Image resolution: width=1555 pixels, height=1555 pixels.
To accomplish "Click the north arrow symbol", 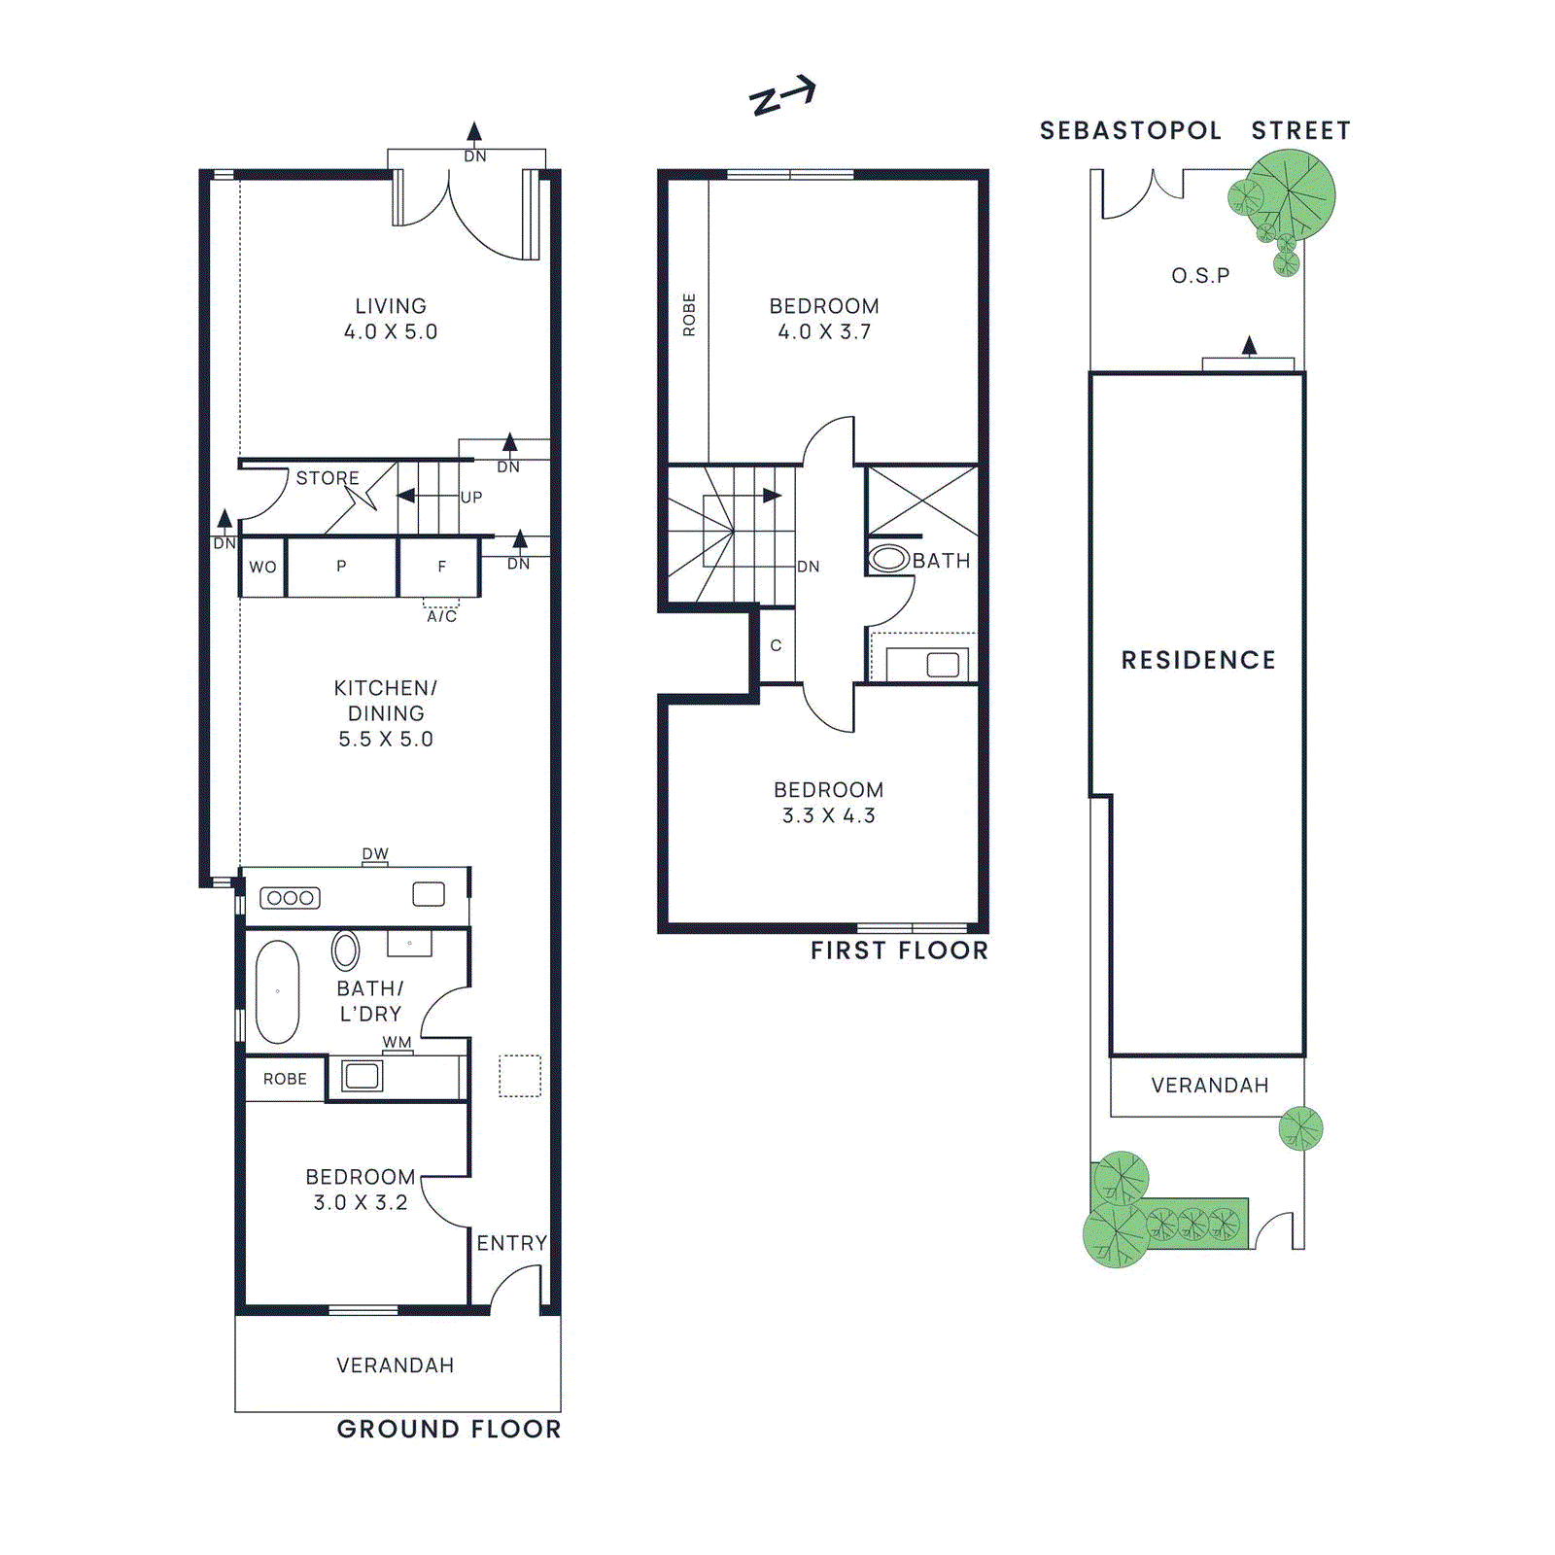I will coord(782,95).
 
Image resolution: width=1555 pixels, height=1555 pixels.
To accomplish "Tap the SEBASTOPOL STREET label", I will coord(1194,130).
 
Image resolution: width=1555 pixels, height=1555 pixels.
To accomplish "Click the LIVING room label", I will coord(390,306).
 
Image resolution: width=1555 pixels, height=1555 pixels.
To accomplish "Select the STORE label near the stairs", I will coord(328,478).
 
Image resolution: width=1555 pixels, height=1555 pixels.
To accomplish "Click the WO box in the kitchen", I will coord(262,567).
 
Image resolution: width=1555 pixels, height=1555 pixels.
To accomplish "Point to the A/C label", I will coord(441,616).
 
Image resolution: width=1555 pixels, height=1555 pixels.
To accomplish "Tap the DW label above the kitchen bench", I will coord(375,853).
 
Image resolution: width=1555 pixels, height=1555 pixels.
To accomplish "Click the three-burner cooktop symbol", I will coord(290,898).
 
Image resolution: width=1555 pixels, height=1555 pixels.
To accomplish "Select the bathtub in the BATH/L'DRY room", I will coord(277,991).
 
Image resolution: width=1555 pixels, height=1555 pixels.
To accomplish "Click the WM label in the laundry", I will coord(397,1042).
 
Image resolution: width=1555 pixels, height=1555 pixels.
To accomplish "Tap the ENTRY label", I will coord(511,1243).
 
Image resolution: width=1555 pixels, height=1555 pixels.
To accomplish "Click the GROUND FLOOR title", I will coord(449,1429).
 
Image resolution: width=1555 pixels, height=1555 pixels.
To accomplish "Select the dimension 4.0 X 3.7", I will coord(824,331).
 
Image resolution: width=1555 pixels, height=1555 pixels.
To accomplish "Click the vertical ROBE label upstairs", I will coord(689,315).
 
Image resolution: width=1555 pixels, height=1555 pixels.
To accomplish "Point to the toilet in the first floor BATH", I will coord(888,559).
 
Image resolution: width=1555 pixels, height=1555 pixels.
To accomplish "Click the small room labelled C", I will coord(776,645).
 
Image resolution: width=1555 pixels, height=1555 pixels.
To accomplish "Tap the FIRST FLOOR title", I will coord(899,950).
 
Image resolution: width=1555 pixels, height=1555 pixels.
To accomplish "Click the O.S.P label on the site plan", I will coord(1200,276).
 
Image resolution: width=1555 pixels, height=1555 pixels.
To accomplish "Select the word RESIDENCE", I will coord(1198,660).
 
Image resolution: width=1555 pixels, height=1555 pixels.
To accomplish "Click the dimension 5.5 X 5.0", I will coord(386,739).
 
